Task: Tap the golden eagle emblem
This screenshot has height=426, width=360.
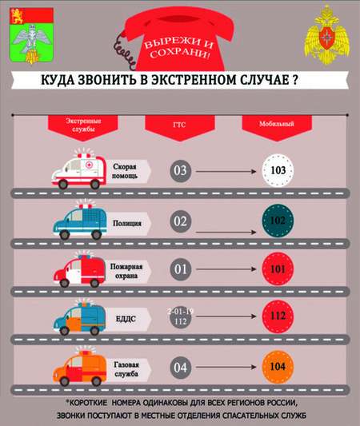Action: (327, 35)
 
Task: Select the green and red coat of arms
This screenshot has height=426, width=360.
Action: (31, 36)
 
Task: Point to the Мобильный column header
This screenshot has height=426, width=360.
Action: (277, 124)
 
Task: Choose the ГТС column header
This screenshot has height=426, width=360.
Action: (179, 125)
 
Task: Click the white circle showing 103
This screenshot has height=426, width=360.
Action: (278, 170)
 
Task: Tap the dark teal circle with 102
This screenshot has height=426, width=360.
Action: (278, 221)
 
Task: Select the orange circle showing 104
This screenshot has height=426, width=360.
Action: (278, 367)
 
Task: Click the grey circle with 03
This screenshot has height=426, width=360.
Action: (181, 171)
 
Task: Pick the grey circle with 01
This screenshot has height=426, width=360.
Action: (181, 269)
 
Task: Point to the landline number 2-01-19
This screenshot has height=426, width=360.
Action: (181, 312)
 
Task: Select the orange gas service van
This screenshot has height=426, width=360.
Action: (80, 368)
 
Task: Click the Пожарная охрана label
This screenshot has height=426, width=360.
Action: (126, 271)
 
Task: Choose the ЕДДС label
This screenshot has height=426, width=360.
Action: (126, 319)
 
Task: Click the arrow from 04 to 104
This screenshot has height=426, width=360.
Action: (226, 368)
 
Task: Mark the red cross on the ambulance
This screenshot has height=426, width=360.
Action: (89, 165)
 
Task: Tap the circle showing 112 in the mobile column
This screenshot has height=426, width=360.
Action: (278, 317)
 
